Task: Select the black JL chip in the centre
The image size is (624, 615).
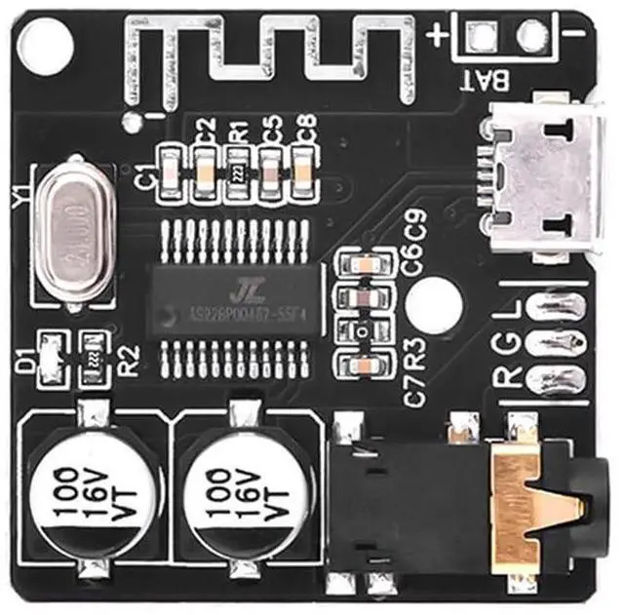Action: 235,298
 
